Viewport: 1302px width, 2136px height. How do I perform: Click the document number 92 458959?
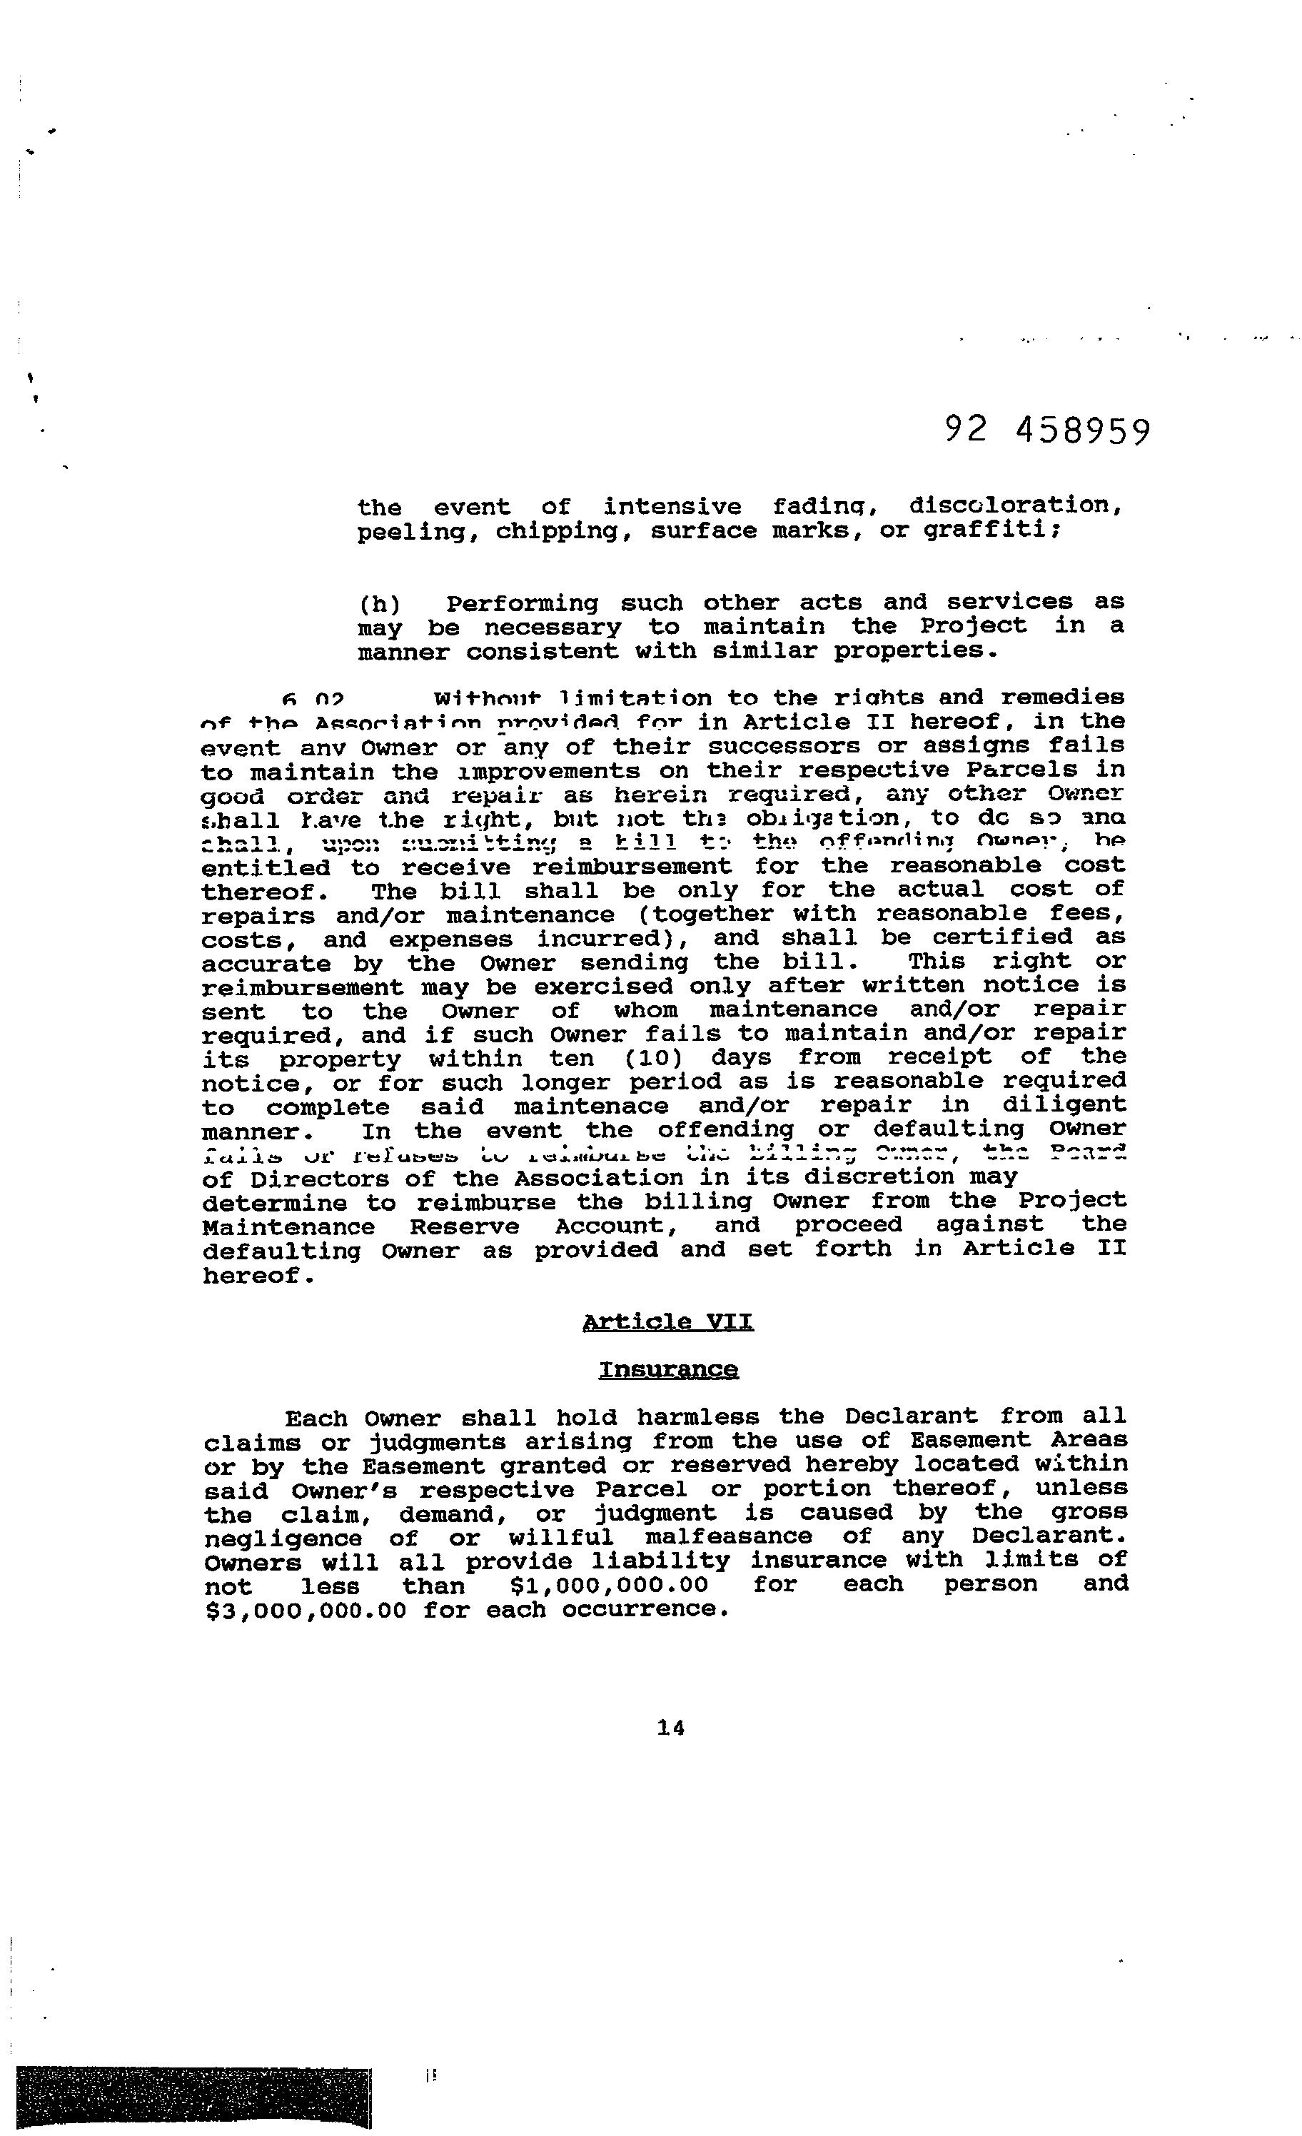(x=1047, y=430)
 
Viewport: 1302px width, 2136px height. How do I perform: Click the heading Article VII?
(x=667, y=1322)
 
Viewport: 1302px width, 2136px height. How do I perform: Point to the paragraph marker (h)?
(x=379, y=603)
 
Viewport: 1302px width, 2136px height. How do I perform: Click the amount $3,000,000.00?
(x=305, y=1610)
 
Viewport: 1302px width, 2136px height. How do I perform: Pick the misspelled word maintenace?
(x=591, y=1107)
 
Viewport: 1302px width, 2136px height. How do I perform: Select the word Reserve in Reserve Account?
(x=465, y=1226)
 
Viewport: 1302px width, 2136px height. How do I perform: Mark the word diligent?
(x=1064, y=1105)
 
